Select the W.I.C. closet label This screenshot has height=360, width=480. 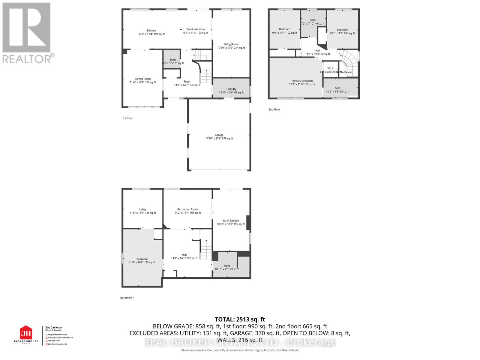331,69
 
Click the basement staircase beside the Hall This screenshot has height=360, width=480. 206,249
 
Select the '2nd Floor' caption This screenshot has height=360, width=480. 274,109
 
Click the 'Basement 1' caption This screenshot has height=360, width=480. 127,298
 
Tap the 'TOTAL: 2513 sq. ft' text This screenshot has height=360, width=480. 240,319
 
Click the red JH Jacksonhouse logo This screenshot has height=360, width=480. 26,333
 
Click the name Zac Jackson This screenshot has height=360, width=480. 54,328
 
